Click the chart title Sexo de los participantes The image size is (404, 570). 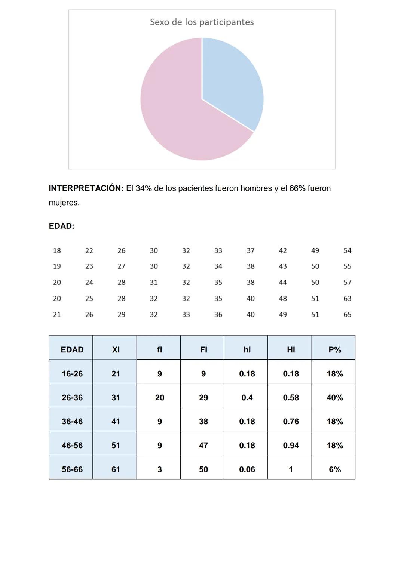click(x=202, y=22)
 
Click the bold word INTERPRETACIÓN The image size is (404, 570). click(x=86, y=188)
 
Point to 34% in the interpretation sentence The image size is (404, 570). click(x=144, y=188)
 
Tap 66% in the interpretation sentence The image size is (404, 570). click(x=297, y=188)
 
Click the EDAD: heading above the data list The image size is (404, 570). click(x=61, y=226)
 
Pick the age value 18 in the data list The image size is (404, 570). click(x=57, y=251)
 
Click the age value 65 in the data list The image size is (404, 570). click(x=347, y=315)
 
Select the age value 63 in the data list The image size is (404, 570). click(x=347, y=299)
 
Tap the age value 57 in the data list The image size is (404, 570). click(x=347, y=283)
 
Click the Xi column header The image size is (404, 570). click(x=116, y=350)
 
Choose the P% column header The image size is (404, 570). click(x=334, y=350)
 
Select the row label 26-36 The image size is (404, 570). click(x=72, y=398)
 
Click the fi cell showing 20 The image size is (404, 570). click(x=159, y=398)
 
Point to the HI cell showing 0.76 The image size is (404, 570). click(x=291, y=422)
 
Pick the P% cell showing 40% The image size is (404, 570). click(x=334, y=398)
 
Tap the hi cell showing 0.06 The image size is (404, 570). click(x=247, y=469)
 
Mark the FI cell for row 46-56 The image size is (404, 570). click(x=203, y=446)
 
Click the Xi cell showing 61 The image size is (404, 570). click(x=116, y=469)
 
